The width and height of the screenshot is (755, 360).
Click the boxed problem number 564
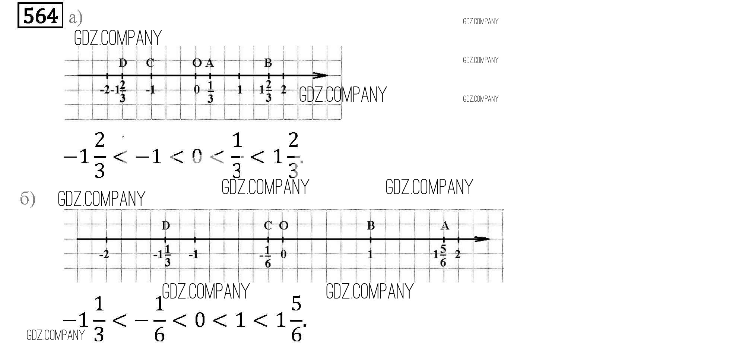pyautogui.click(x=40, y=15)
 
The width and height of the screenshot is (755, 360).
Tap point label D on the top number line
pyautogui.click(x=123, y=63)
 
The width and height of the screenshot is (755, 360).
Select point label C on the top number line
pyautogui.click(x=150, y=63)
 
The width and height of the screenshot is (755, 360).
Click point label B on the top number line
pyautogui.click(x=268, y=63)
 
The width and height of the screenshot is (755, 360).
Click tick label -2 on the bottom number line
pyautogui.click(x=104, y=255)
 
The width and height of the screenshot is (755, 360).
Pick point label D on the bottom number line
pyautogui.click(x=166, y=225)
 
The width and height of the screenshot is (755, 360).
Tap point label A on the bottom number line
pyautogui.click(x=445, y=225)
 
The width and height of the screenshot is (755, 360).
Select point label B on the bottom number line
pyautogui.click(x=371, y=225)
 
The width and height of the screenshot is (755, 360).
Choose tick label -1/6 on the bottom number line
pyautogui.click(x=266, y=256)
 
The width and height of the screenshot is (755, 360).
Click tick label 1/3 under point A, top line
pyautogui.click(x=210, y=92)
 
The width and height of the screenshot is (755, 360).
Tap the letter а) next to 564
pyautogui.click(x=76, y=18)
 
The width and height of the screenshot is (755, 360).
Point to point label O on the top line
pyautogui.click(x=197, y=63)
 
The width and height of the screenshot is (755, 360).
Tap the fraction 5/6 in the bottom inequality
pyautogui.click(x=296, y=319)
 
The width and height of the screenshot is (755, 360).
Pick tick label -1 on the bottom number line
pyautogui.click(x=193, y=255)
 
